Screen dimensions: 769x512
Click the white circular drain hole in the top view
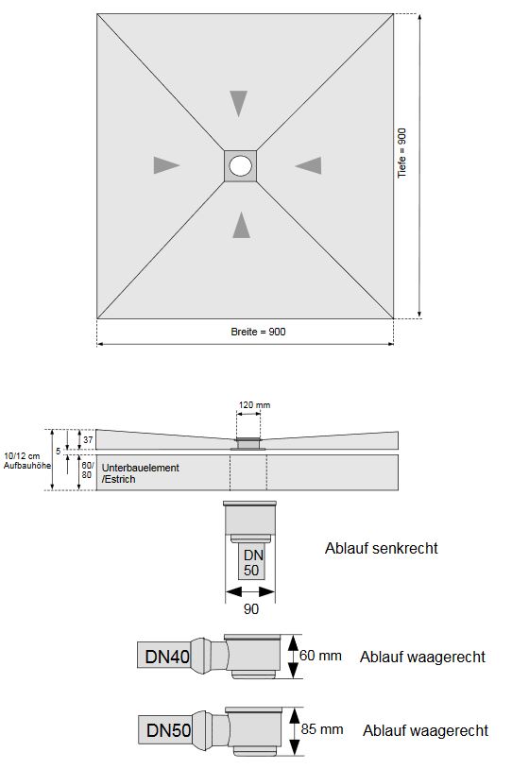[241, 166]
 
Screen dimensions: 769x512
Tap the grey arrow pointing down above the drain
[239, 103]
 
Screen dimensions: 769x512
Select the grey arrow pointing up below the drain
[242, 224]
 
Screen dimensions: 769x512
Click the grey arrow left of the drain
[166, 165]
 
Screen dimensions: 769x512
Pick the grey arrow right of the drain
[308, 165]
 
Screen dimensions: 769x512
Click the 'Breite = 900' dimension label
[258, 332]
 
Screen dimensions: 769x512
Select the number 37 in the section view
[87, 439]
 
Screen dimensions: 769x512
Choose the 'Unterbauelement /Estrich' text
[140, 473]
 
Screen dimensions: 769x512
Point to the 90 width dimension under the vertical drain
[251, 609]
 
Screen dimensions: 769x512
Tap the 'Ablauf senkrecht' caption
[381, 548]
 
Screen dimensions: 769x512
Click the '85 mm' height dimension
[322, 729]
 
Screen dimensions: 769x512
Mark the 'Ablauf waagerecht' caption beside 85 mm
[424, 730]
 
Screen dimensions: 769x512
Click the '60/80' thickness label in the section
[87, 470]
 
